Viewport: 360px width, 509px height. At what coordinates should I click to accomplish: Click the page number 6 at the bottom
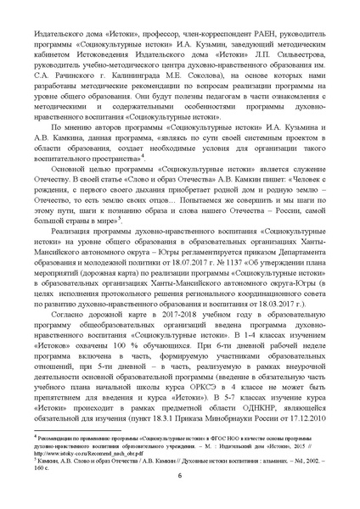(x=179, y=498)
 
